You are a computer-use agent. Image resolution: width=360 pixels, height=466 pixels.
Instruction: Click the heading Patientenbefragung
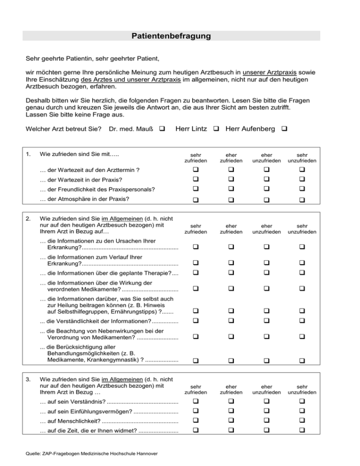pos(171,36)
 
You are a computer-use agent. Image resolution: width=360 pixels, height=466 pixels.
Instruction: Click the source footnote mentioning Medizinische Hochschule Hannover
pos(90,453)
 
